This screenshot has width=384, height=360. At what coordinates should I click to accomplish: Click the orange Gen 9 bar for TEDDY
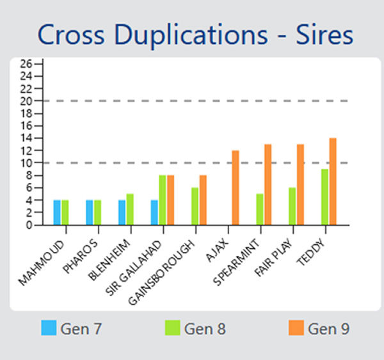(333, 182)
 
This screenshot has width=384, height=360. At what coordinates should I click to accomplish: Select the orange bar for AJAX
(236, 187)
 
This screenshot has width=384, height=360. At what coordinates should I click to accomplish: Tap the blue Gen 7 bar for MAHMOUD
(57, 212)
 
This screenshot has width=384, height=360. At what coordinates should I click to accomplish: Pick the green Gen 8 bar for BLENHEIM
(130, 209)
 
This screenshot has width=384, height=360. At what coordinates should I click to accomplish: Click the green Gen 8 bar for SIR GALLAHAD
(163, 200)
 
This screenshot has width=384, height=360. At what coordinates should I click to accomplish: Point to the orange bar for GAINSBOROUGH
(203, 200)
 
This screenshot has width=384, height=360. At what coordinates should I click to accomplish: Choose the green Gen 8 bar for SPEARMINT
(260, 209)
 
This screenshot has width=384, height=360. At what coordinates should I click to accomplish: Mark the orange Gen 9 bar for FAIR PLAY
(300, 185)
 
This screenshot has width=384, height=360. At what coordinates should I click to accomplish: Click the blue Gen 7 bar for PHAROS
(90, 212)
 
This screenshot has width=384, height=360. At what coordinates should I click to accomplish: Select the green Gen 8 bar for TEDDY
(325, 197)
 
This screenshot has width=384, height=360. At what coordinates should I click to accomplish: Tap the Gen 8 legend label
(205, 329)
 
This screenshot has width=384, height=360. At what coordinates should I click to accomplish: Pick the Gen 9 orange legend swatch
(296, 329)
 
